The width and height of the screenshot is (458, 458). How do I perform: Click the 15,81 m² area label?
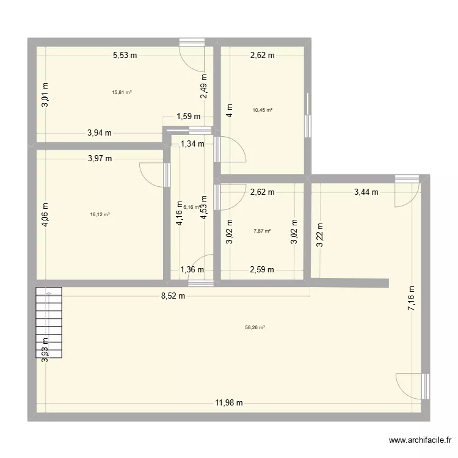click(122, 93)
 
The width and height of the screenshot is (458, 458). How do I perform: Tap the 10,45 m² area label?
click(263, 111)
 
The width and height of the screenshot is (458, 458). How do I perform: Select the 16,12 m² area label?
click(100, 214)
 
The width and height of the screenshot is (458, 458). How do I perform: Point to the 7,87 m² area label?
click(262, 231)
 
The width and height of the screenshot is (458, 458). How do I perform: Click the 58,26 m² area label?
click(255, 327)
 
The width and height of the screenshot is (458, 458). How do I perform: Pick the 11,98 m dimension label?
click(228, 402)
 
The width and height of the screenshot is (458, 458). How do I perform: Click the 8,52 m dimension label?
click(173, 296)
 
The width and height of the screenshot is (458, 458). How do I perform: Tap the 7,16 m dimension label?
click(412, 299)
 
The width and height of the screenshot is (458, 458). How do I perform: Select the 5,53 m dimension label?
click(125, 56)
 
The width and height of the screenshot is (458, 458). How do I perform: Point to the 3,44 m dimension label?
click(366, 192)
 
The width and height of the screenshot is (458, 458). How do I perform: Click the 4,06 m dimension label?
click(45, 214)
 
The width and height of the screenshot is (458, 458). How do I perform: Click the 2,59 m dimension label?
click(262, 269)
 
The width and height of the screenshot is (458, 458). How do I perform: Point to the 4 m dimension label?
click(228, 114)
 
